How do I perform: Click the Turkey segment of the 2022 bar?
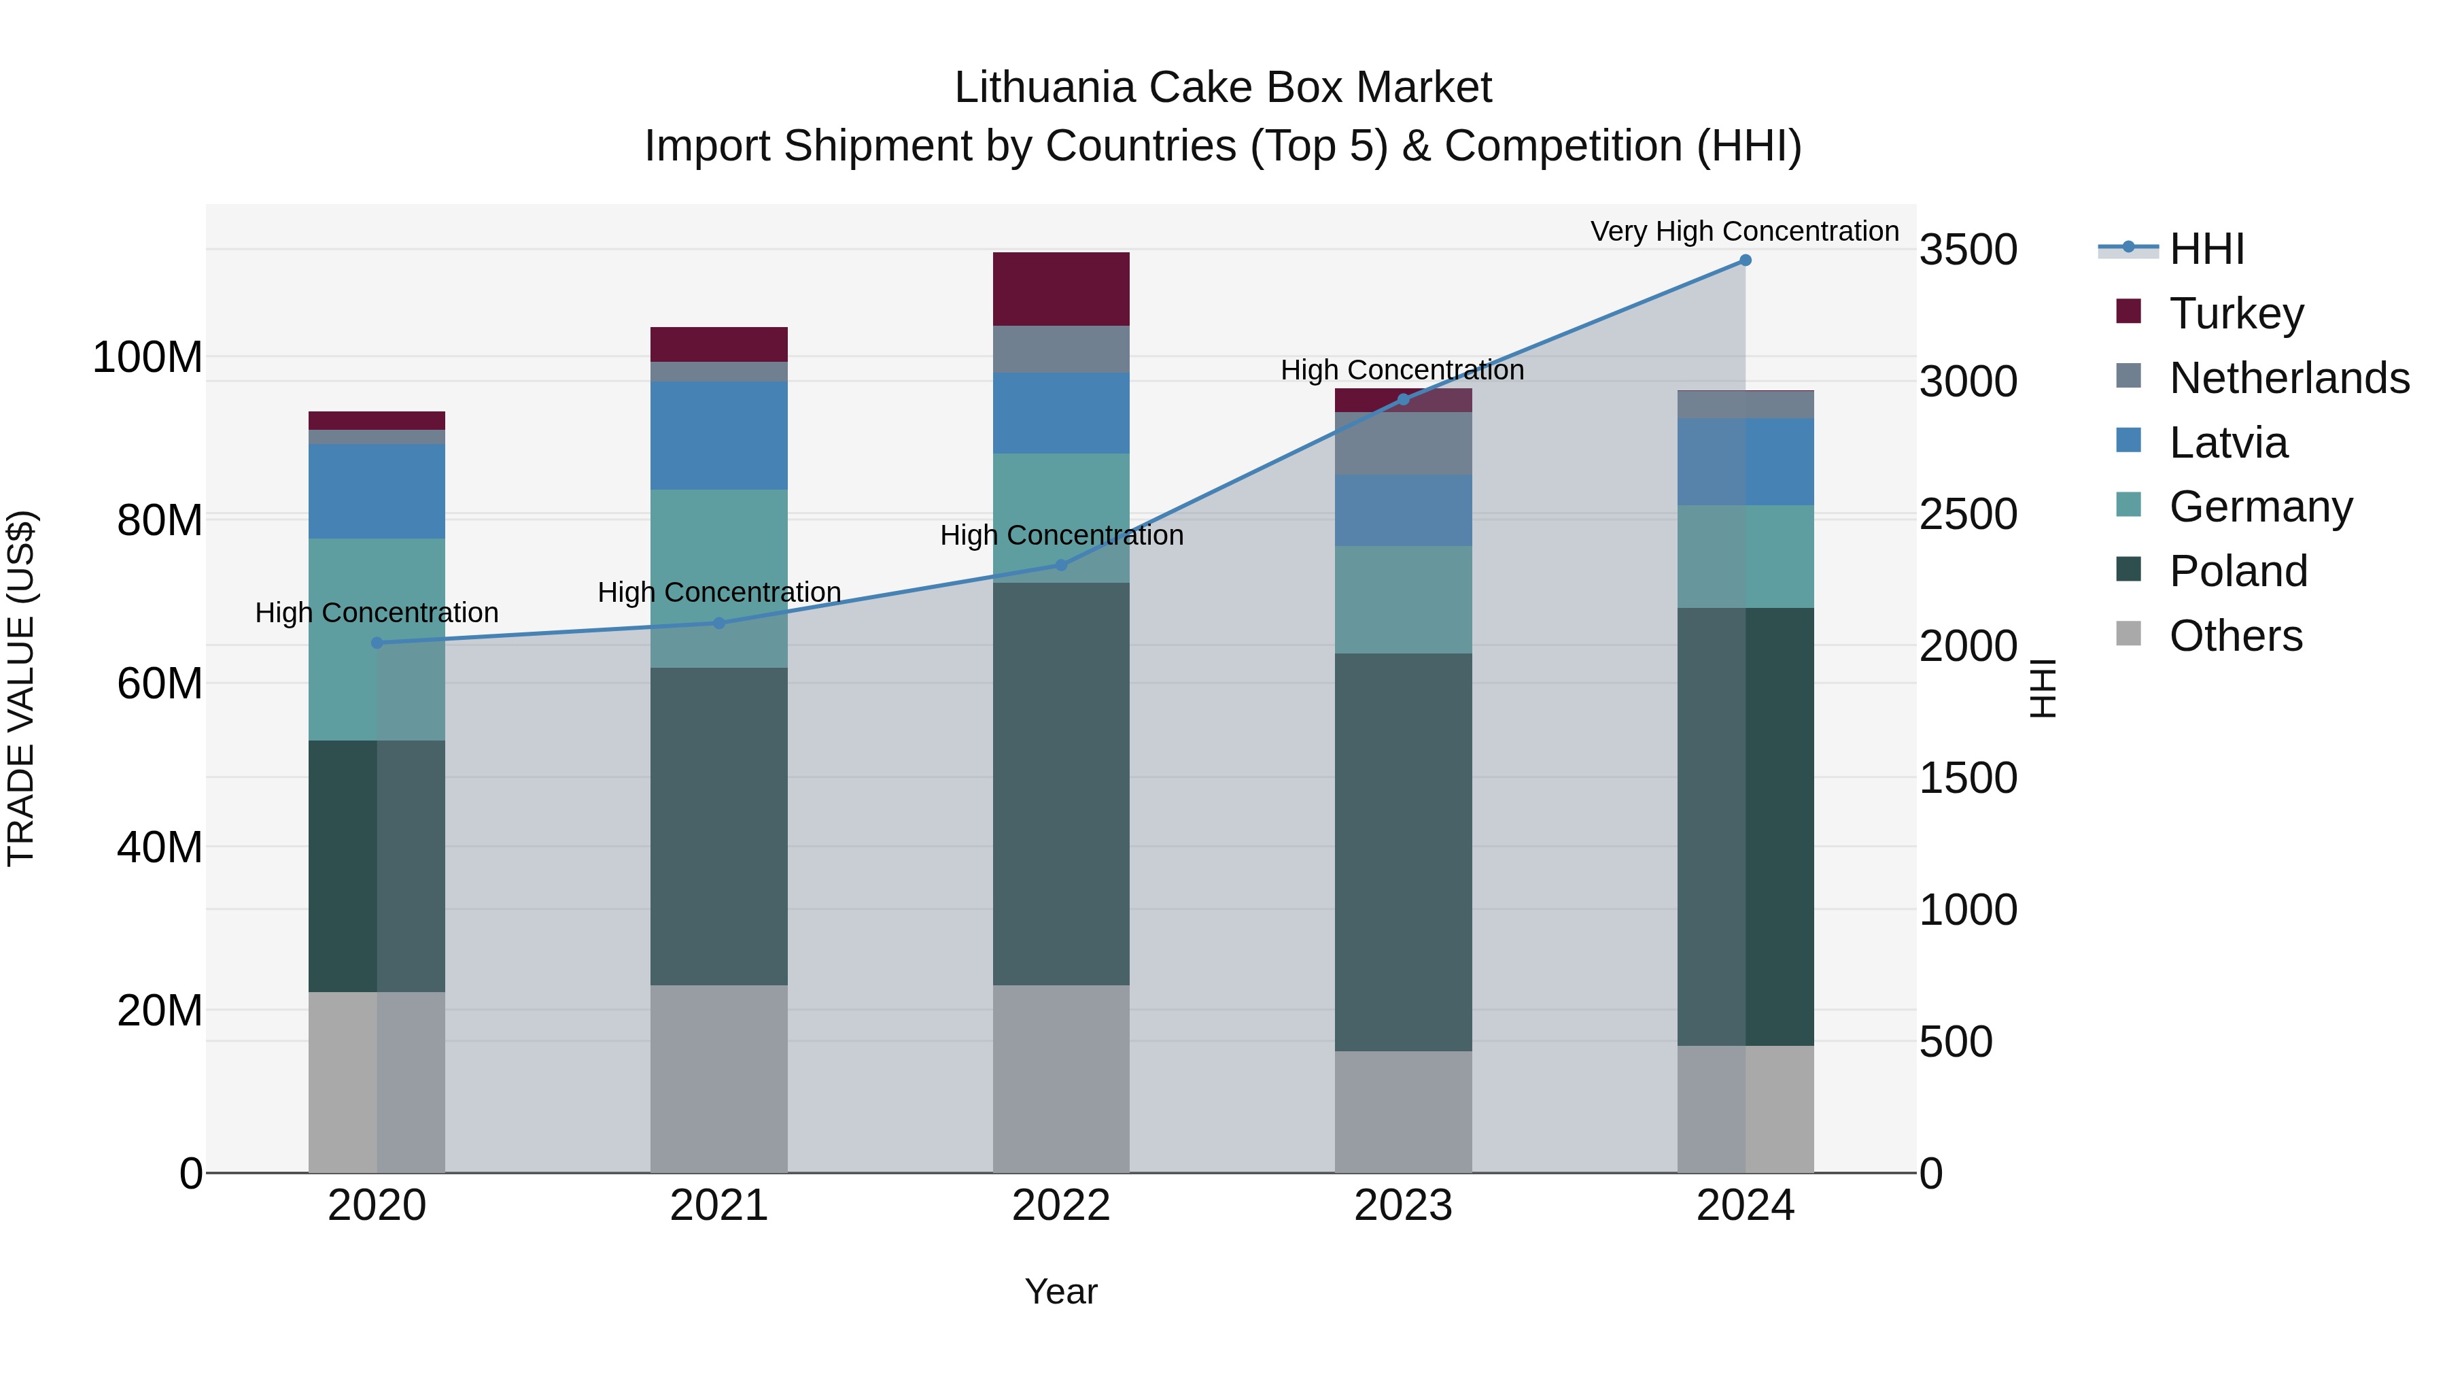1061,289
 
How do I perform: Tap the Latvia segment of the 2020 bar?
377,492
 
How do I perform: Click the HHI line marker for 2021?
719,624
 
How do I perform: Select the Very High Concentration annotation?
1744,231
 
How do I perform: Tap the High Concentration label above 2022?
1061,535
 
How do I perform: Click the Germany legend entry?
2261,507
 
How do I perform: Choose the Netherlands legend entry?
2289,378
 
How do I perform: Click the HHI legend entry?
2206,249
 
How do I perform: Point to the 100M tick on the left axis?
147,358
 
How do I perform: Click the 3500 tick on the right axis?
1968,250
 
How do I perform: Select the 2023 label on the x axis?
1403,1206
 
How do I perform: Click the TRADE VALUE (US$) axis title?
21,688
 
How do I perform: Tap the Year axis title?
1061,1291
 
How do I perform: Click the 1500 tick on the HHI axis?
1968,779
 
